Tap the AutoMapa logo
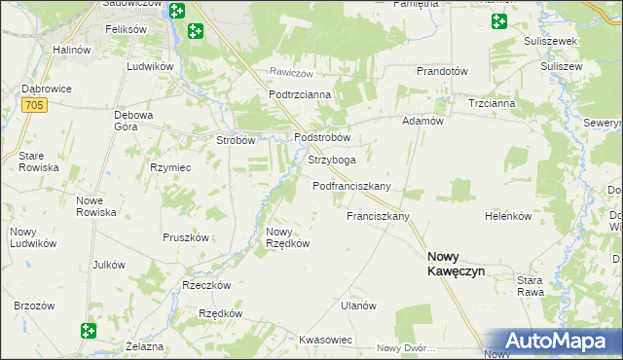click(x=554, y=342)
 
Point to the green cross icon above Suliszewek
click(x=500, y=21)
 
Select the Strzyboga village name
click(x=331, y=160)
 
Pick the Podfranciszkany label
click(x=351, y=186)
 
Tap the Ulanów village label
click(x=358, y=306)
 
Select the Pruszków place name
click(x=186, y=237)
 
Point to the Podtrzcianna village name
click(x=301, y=94)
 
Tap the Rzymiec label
click(x=168, y=166)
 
